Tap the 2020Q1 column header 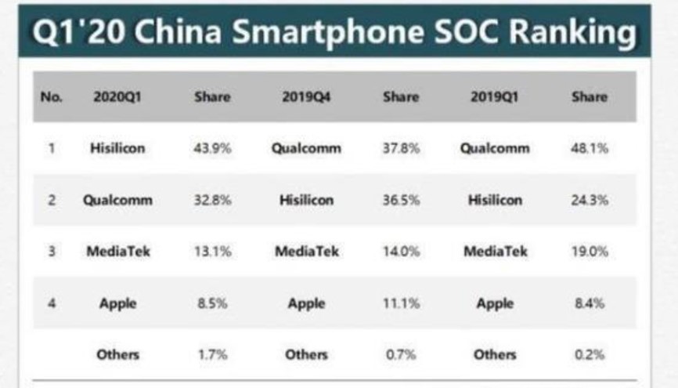(117, 97)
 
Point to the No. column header (51, 97)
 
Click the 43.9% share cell (212, 148)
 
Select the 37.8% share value (401, 148)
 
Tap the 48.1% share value (590, 148)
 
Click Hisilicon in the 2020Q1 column (117, 148)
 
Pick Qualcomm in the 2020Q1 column (117, 200)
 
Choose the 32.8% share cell (212, 200)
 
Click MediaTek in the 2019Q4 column (306, 252)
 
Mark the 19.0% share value (590, 252)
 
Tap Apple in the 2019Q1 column (496, 303)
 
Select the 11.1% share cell (401, 303)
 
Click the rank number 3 (51, 252)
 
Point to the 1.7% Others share (212, 354)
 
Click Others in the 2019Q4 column (306, 354)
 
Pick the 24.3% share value (590, 200)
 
